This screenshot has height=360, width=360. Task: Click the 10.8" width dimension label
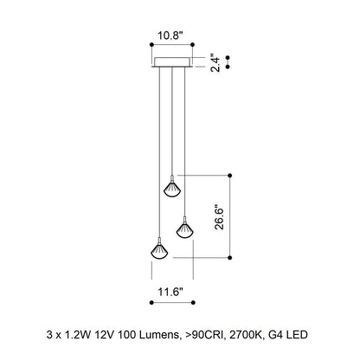(170, 35)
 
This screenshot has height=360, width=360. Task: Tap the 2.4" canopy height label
(215, 62)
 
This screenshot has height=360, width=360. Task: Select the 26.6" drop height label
(219, 217)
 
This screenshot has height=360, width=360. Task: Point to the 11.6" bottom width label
(170, 292)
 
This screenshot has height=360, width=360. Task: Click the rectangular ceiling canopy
(172, 62)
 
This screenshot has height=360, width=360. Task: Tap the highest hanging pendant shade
(172, 189)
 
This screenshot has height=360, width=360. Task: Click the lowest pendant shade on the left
(159, 250)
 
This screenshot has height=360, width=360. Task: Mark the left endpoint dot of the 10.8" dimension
(151, 44)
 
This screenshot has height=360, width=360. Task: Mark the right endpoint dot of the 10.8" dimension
(193, 44)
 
